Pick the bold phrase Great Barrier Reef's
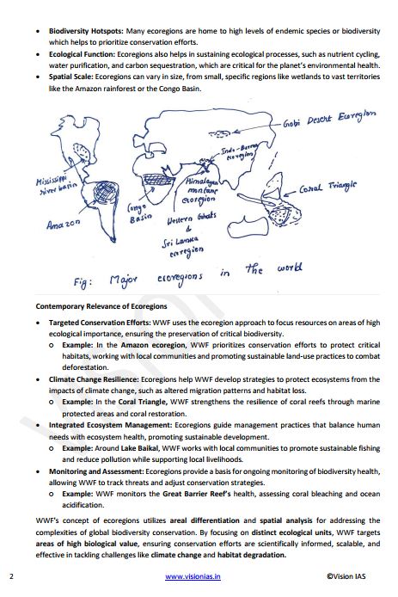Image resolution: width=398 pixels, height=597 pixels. click(x=181, y=493)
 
